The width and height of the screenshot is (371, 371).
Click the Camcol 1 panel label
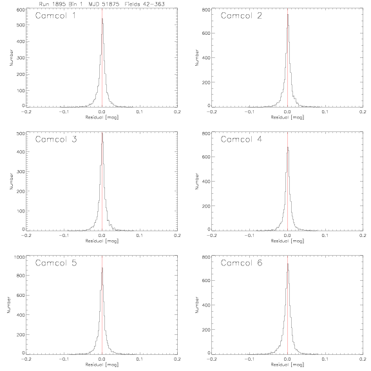(55, 15)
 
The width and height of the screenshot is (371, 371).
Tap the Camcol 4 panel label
(242, 139)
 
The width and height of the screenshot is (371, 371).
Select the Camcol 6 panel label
(242, 263)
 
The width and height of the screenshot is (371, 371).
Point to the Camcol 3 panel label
(56, 139)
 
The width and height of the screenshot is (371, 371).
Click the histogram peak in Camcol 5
(102, 268)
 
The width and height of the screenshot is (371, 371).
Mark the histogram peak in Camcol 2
(288, 14)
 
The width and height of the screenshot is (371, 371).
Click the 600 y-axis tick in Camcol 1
(21, 10)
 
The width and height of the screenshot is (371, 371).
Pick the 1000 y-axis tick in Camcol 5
(19, 257)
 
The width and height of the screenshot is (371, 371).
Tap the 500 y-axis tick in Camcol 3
(21, 134)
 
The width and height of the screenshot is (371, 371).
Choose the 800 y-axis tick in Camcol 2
(206, 10)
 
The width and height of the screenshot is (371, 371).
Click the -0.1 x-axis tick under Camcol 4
(249, 236)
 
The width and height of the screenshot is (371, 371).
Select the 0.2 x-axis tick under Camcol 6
(363, 359)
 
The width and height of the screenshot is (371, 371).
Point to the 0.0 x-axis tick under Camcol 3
(102, 236)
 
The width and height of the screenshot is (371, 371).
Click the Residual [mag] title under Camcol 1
(102, 117)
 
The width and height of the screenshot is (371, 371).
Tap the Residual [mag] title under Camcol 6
(287, 365)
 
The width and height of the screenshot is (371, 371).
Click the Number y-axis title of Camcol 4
(197, 181)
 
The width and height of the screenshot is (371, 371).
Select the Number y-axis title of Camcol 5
(9, 305)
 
